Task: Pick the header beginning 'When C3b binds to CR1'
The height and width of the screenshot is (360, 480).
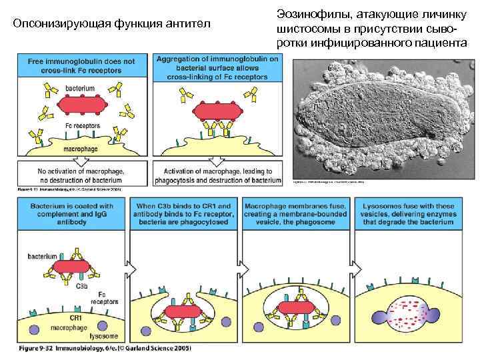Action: click(185, 213)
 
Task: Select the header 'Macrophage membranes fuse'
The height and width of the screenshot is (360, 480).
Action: click(295, 213)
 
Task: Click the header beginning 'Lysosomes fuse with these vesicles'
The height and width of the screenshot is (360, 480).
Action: click(408, 213)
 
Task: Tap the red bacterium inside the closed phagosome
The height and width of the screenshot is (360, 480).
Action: click(295, 308)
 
